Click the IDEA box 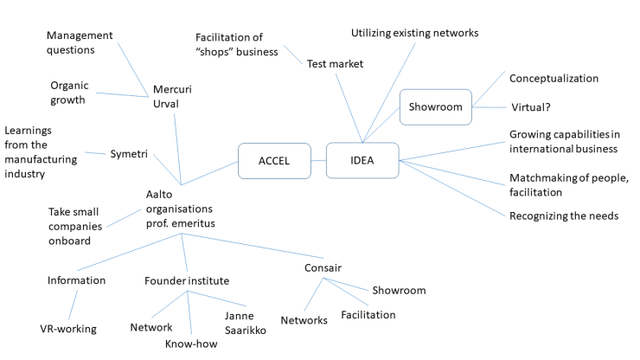pyautogui.click(x=362, y=160)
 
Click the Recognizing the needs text pyautogui.click(x=564, y=215)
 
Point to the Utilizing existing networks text pyautogui.click(x=414, y=33)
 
